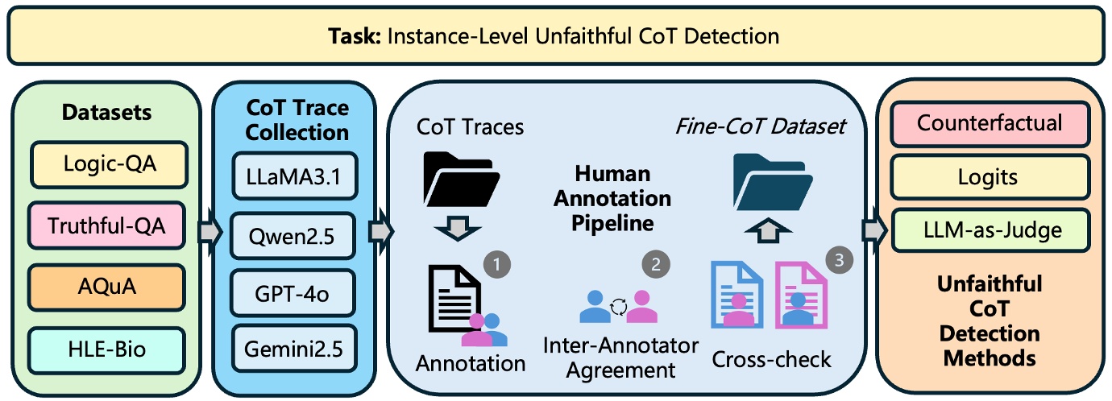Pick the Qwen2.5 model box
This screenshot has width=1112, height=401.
pos(293,235)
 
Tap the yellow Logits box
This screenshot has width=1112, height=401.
pos(989,177)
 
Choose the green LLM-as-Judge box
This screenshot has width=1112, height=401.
pos(989,230)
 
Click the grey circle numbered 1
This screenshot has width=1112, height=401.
pos(497,263)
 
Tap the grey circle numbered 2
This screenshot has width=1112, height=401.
pos(655,263)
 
